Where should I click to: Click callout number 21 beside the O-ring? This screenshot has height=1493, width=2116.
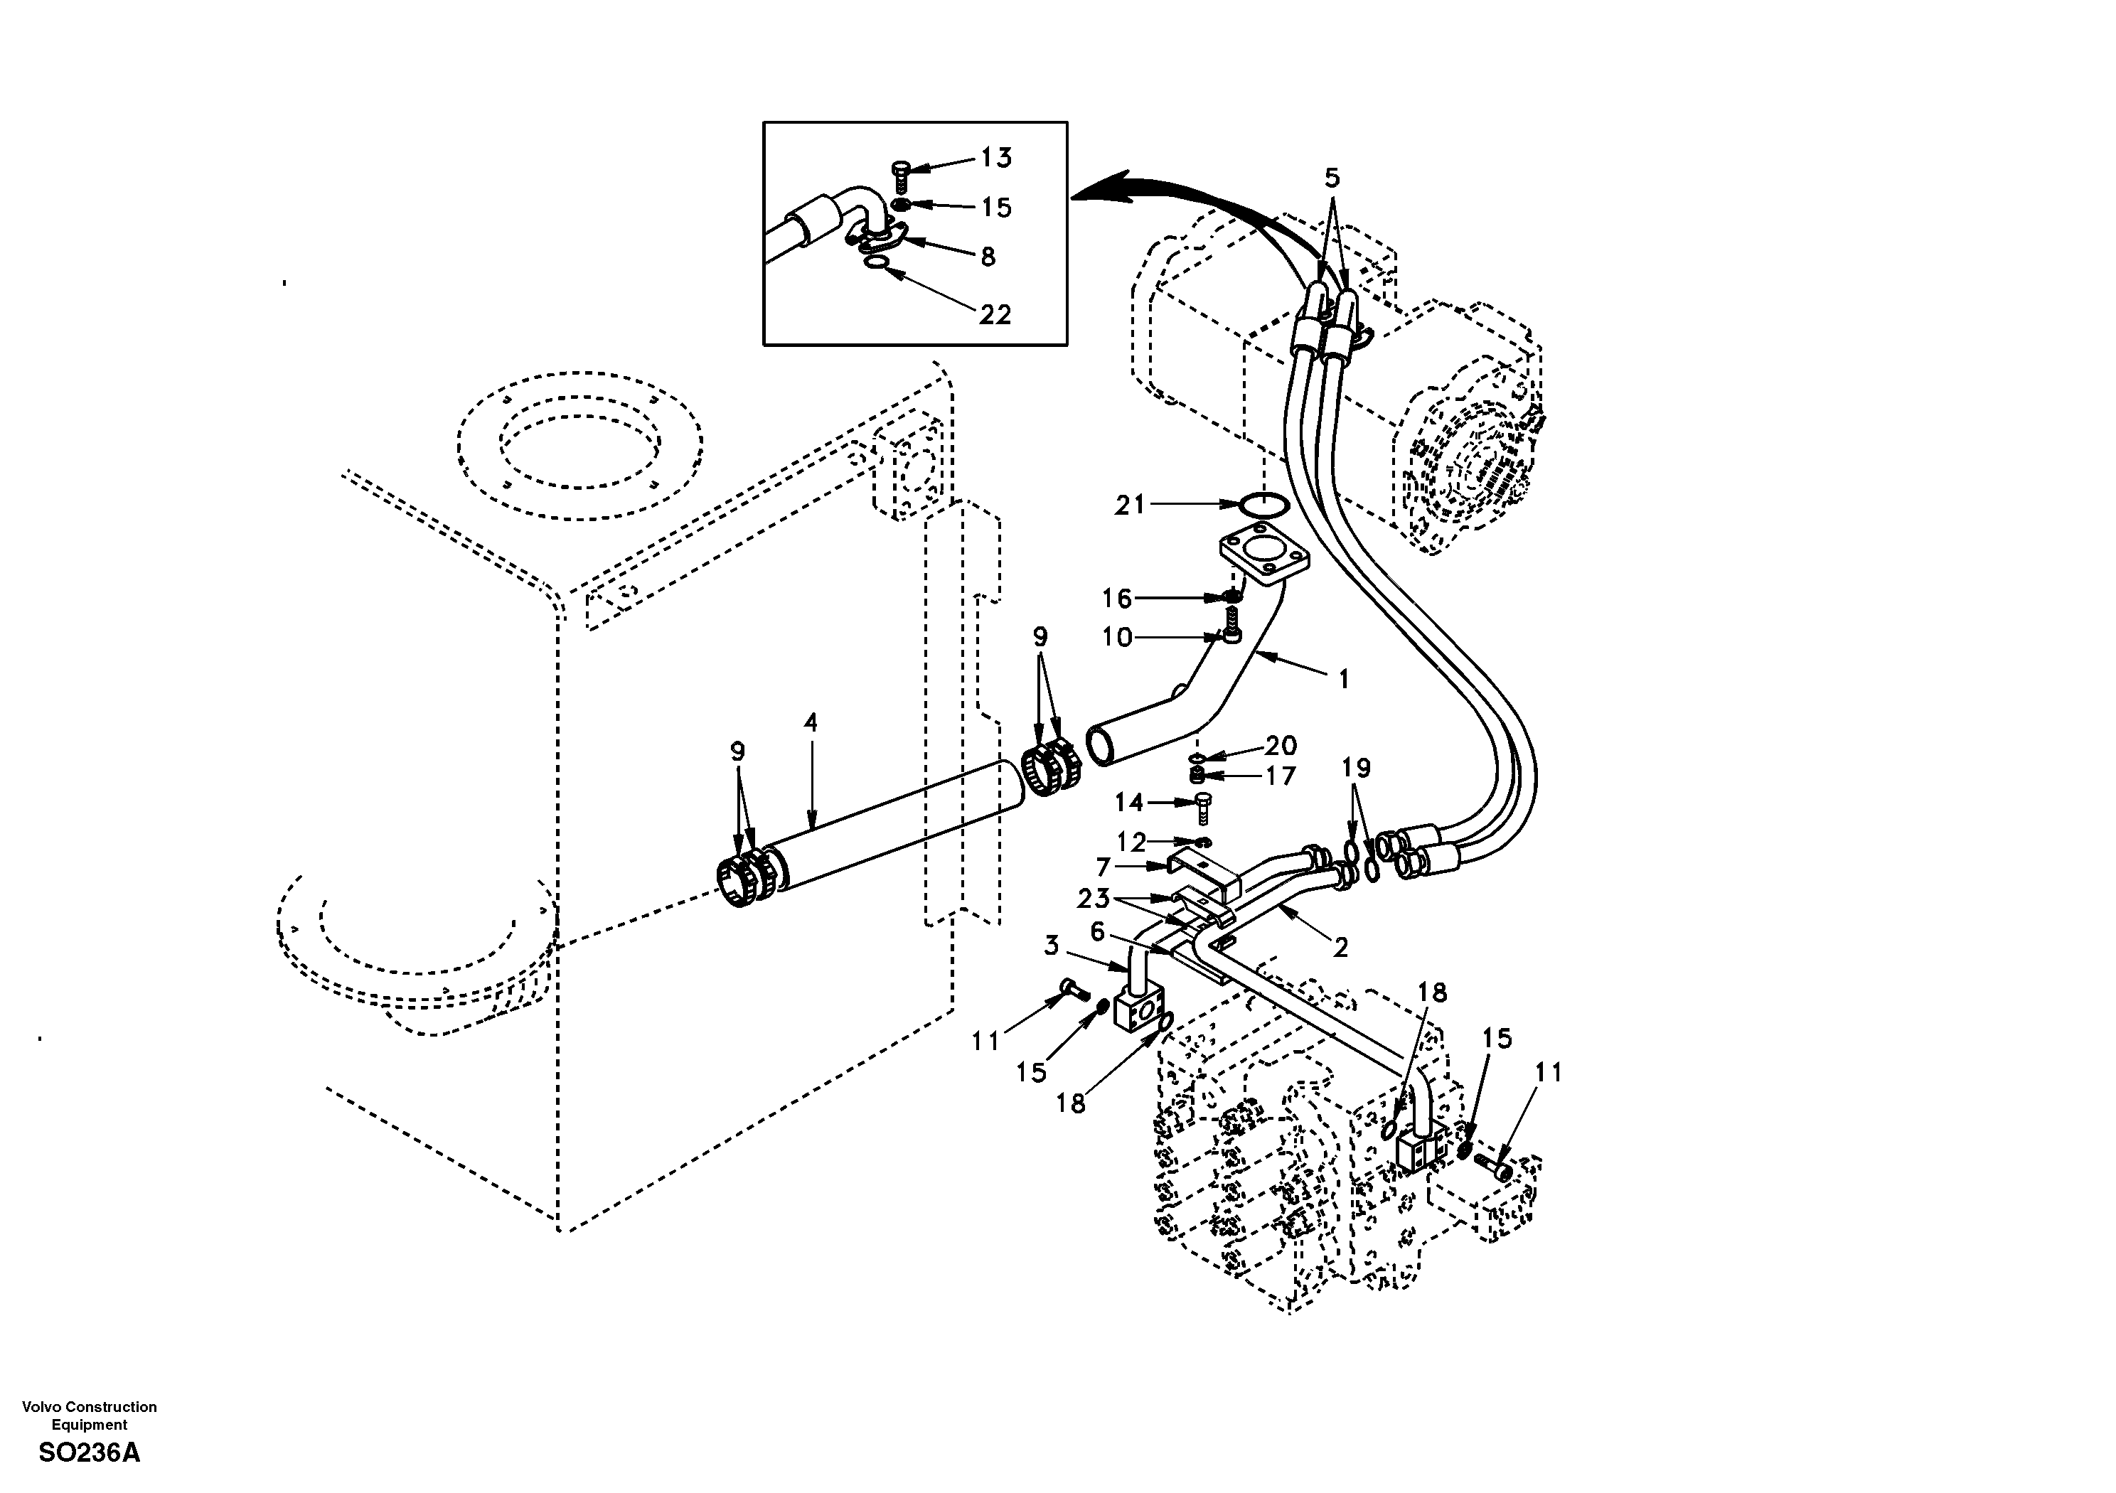click(x=1130, y=505)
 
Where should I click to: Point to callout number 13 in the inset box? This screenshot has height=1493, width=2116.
click(x=995, y=158)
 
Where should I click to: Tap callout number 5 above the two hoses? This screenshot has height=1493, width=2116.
click(x=1332, y=178)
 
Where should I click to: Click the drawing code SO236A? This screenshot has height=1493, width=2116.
click(x=90, y=1453)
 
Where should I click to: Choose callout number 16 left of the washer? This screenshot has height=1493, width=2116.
click(x=1117, y=599)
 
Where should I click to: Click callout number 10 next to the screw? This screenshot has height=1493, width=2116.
click(x=1117, y=638)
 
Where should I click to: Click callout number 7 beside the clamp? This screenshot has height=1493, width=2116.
click(x=1104, y=867)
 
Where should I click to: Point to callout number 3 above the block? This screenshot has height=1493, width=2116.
click(x=1052, y=946)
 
